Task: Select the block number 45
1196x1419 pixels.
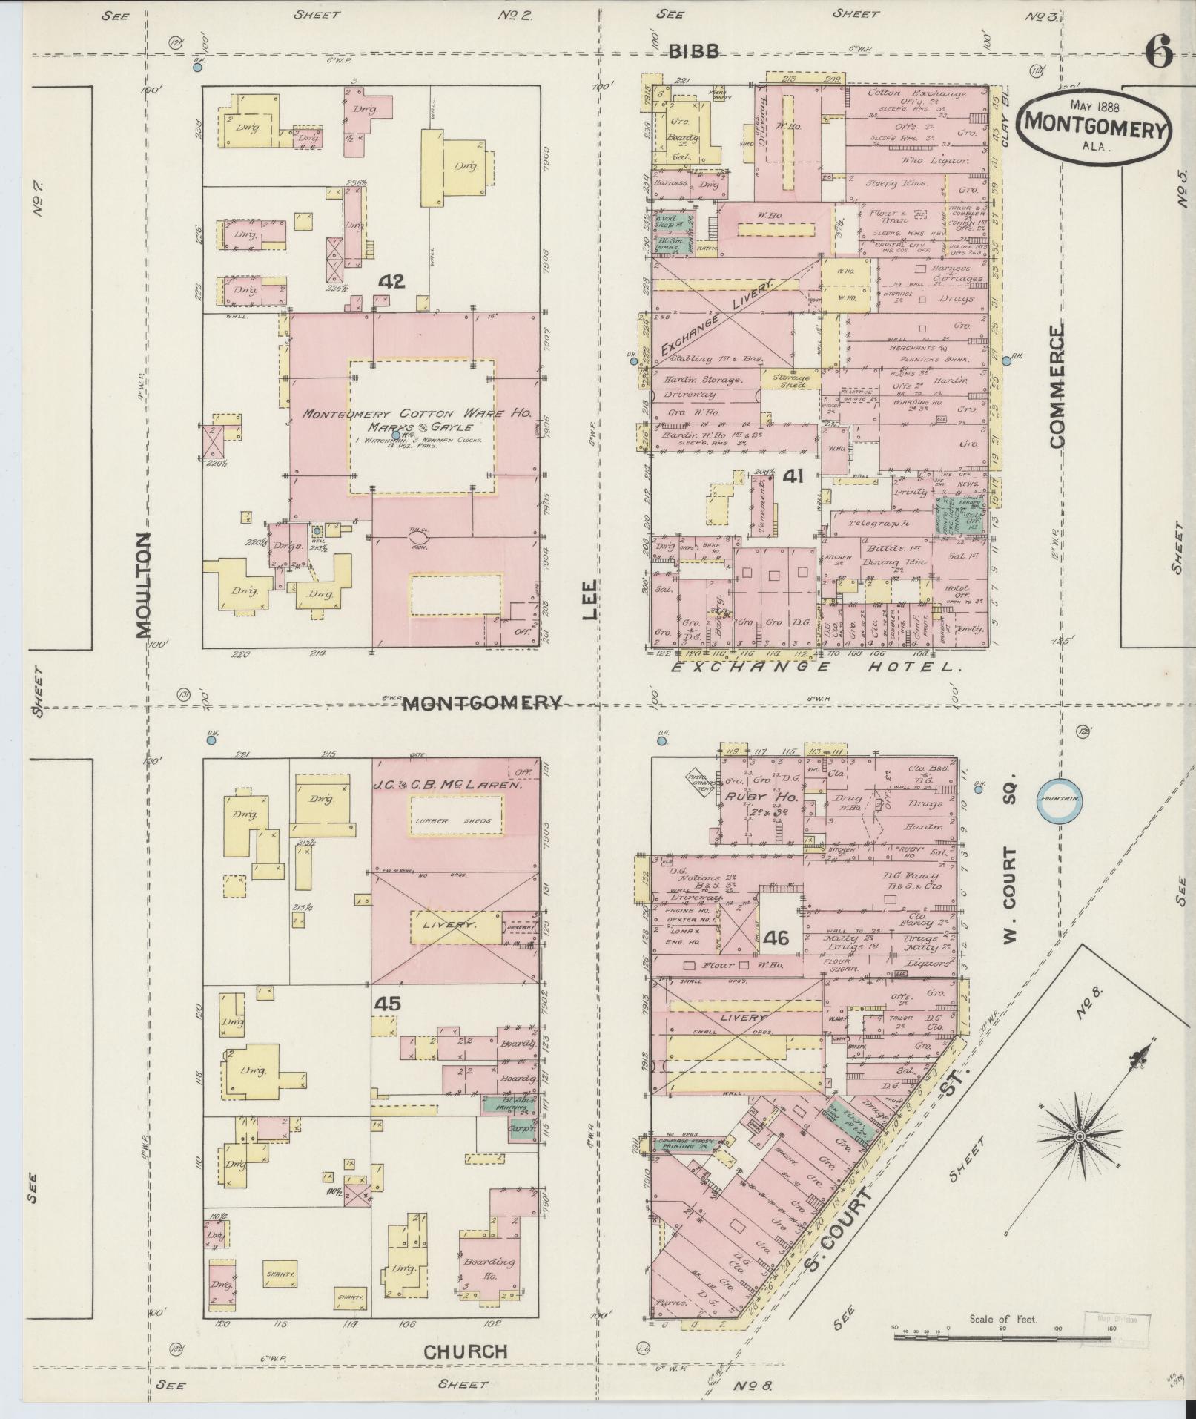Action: [x=388, y=1004]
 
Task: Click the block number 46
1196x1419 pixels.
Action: [x=776, y=938]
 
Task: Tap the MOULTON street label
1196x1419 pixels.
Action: [x=144, y=585]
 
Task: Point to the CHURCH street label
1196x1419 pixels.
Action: [x=465, y=1351]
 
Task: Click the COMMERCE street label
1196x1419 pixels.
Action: [x=1056, y=386]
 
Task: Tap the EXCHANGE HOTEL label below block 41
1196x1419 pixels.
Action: [x=816, y=668]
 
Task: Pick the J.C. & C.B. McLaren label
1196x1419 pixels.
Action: [x=446, y=785]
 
